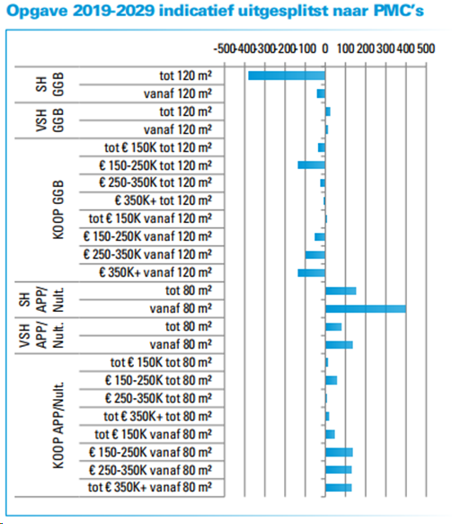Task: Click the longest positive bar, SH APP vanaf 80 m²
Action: pyautogui.click(x=365, y=308)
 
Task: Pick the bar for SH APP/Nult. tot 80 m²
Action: pyautogui.click(x=341, y=290)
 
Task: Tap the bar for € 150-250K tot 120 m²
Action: pyautogui.click(x=311, y=164)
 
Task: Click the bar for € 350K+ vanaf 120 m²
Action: pyautogui.click(x=311, y=272)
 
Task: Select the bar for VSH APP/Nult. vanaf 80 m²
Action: pyautogui.click(x=339, y=344)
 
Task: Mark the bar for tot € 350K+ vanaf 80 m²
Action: pyautogui.click(x=339, y=488)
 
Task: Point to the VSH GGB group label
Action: pyautogui.click(x=58, y=120)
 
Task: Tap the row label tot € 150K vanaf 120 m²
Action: pyautogui.click(x=151, y=218)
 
